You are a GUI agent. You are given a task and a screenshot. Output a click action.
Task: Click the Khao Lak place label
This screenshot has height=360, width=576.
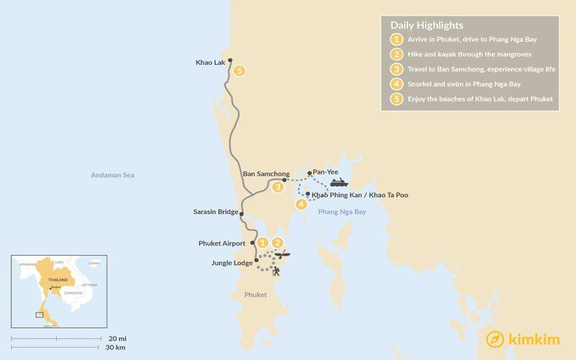210,63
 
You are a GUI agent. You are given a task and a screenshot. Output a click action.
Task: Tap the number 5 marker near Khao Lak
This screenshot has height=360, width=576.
239,71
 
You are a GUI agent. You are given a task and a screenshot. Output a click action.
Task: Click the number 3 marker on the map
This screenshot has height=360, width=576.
277,188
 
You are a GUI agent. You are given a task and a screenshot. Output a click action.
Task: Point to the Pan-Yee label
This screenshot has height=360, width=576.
323,173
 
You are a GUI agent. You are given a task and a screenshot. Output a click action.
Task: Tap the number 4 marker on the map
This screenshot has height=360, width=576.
302,204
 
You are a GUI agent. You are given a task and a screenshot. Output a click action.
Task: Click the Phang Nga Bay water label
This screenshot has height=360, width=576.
342,212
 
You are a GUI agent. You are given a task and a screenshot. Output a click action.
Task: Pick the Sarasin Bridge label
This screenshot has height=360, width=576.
214,212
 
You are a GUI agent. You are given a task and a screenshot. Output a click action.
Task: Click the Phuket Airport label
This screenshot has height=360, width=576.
222,243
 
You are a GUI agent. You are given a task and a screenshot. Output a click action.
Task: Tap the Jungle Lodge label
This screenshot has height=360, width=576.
232,263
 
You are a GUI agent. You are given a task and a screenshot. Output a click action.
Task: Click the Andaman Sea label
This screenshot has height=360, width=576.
112,175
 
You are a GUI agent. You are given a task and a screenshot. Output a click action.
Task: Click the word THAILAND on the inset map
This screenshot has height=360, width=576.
58,279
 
